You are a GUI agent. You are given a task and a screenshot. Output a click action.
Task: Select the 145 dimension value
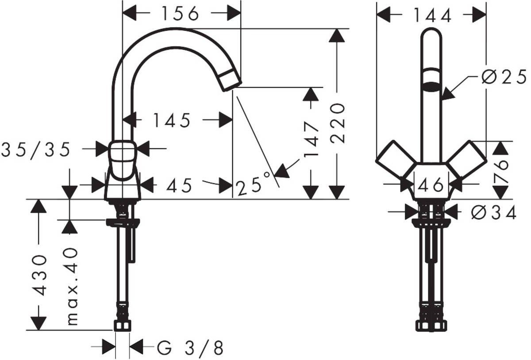click(172, 120)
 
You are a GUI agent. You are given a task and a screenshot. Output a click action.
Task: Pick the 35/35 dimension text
click(36, 150)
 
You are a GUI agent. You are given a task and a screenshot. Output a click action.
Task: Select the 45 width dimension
click(179, 186)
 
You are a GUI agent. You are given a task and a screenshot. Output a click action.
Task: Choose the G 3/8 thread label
click(190, 348)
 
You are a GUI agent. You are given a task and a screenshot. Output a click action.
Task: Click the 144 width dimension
click(432, 16)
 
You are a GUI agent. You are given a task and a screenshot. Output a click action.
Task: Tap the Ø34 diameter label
click(494, 213)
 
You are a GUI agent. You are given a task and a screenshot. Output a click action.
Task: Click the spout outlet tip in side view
click(231, 80)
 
